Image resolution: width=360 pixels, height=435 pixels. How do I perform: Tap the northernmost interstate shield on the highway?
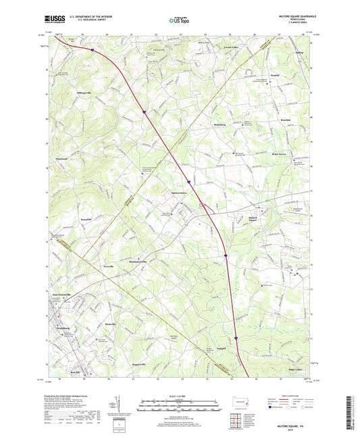93,49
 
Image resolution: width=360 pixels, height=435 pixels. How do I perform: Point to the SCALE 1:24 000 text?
180,394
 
